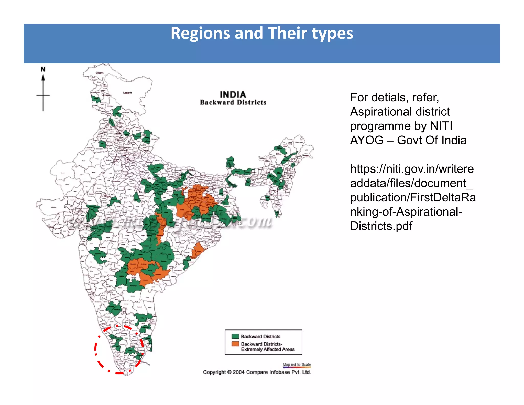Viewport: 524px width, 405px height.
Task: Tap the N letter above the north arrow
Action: coord(43,69)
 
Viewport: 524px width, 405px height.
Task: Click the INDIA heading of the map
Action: coord(233,95)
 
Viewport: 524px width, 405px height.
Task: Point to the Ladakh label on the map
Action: coord(127,93)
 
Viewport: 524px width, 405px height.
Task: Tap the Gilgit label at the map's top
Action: coord(100,73)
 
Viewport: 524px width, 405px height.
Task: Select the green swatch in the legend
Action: coord(235,336)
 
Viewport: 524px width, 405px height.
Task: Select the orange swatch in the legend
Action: coord(235,344)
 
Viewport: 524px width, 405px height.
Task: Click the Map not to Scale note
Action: coord(297,364)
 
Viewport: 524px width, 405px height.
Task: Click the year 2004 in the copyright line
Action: coord(238,372)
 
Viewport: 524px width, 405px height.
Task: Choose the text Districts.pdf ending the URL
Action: coord(381,226)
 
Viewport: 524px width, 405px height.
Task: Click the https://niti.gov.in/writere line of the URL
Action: coord(412,169)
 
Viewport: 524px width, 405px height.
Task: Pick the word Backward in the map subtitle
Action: coord(217,102)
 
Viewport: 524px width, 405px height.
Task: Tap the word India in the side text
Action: coord(453,140)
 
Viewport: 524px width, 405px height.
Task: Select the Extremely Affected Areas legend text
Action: coord(268,349)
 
